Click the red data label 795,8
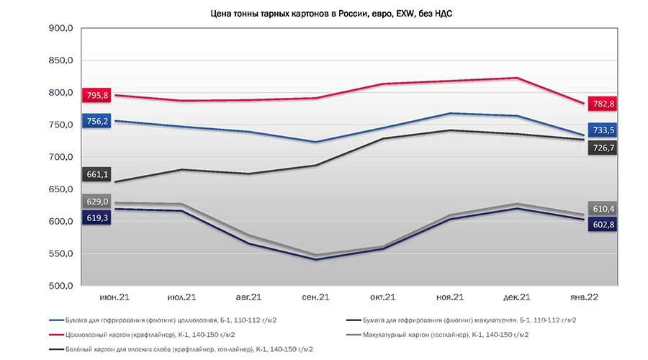point(96,96)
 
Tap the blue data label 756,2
point(96,121)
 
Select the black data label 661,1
point(96,174)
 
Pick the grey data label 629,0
point(96,202)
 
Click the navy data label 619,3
point(96,217)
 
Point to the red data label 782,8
point(603,104)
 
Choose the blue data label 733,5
point(603,130)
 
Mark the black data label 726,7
point(603,148)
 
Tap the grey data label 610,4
point(603,209)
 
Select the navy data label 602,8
point(603,225)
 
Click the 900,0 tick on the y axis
point(60,28)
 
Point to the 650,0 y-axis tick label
point(60,189)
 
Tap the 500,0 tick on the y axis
point(60,286)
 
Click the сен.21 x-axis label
point(316,297)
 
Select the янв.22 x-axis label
point(584,297)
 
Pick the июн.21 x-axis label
point(114,297)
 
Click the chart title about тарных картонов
point(331,14)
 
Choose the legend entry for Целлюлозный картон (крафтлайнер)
point(142,335)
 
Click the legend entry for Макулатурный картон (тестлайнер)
point(437,335)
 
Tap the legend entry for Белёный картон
point(181,349)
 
